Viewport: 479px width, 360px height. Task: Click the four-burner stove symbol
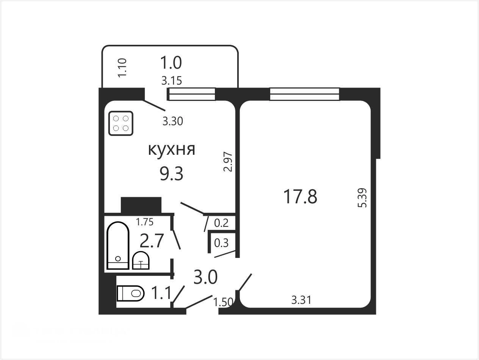coord(121,123)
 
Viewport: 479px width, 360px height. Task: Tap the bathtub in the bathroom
coord(118,245)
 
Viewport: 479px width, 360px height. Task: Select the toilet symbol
coord(130,293)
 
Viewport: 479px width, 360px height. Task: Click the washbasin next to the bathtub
coord(141,261)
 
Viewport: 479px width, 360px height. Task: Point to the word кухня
coord(172,149)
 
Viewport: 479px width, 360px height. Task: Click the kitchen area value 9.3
coord(172,174)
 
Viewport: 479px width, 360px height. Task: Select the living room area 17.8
coord(300,197)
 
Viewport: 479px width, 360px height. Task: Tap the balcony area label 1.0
coord(171,63)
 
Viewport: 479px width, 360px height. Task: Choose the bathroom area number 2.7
coord(152,241)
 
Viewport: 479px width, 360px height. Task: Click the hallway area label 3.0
coord(205,277)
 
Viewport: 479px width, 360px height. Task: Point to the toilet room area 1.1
coord(161,293)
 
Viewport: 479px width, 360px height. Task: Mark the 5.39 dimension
coord(362,198)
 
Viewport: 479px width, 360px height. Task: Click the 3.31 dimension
coord(301,300)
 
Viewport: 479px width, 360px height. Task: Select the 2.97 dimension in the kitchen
coord(228,162)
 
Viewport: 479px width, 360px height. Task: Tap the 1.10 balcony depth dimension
coord(122,68)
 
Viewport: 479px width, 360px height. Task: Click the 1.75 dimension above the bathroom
coord(145,222)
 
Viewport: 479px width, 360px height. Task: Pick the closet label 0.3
coord(221,243)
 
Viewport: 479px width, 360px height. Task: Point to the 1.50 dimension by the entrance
coord(223,302)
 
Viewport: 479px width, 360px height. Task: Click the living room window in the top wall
coord(305,94)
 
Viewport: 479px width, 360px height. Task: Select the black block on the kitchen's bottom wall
coord(141,205)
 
